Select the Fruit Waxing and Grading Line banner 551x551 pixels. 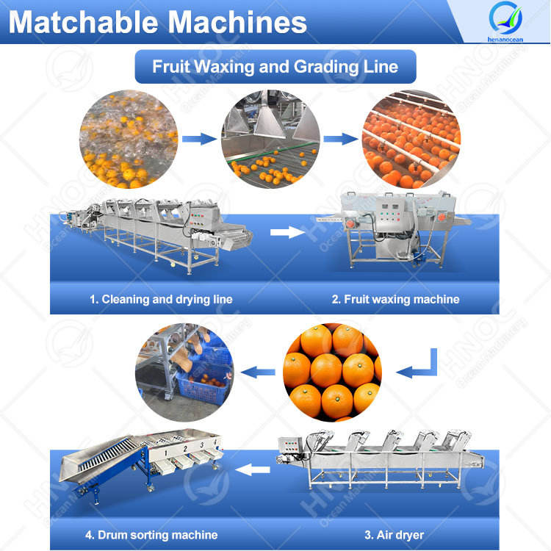(275, 67)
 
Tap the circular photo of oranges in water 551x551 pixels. (129, 139)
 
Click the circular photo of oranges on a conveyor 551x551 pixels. (270, 140)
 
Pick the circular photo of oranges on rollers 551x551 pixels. (412, 140)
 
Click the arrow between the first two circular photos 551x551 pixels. (199, 137)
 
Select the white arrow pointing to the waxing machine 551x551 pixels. (287, 233)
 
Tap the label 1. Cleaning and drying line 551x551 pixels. (161, 299)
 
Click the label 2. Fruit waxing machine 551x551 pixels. (395, 299)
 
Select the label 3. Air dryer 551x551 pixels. (396, 534)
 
